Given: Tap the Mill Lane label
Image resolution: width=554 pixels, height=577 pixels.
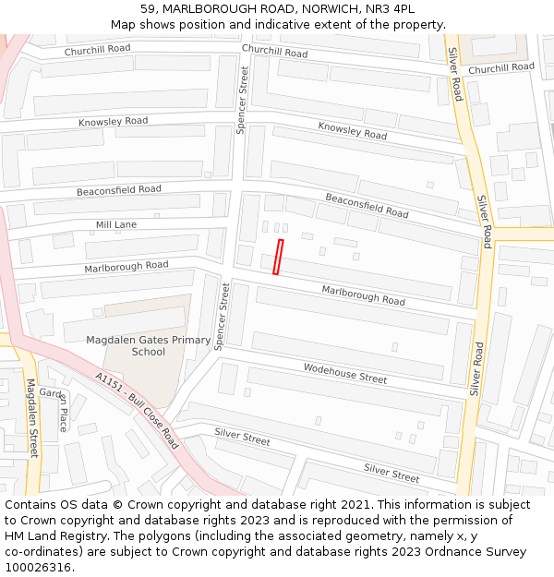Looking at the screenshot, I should coord(116,224).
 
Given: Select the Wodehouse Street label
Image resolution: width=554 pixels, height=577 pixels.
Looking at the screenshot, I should coord(345,373).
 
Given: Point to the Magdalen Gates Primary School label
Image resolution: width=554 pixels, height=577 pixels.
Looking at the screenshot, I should coord(148,345).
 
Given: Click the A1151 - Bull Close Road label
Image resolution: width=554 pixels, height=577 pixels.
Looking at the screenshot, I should coord(137,410).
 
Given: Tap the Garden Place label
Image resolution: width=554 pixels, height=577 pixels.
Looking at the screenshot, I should coord(58,407).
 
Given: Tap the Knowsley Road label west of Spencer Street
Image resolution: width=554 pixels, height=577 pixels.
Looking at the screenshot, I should coord(113,122).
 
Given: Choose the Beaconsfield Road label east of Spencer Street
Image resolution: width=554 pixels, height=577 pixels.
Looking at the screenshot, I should coord(367,205).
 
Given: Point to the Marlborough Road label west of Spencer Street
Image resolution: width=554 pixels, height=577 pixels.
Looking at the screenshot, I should coord(126,266).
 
